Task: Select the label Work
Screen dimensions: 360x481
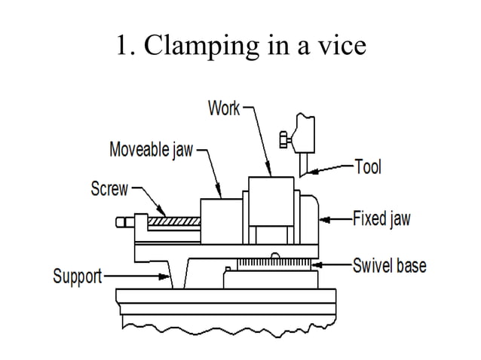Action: tap(224, 108)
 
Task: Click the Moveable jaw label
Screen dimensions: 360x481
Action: tap(151, 150)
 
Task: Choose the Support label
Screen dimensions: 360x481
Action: tap(77, 276)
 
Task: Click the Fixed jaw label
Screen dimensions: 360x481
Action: tap(381, 220)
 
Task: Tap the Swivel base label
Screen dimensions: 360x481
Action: tap(389, 266)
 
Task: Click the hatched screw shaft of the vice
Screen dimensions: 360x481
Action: tap(174, 221)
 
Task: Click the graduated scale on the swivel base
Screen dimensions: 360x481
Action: tap(275, 265)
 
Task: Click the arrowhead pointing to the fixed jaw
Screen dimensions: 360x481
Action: tap(323, 220)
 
